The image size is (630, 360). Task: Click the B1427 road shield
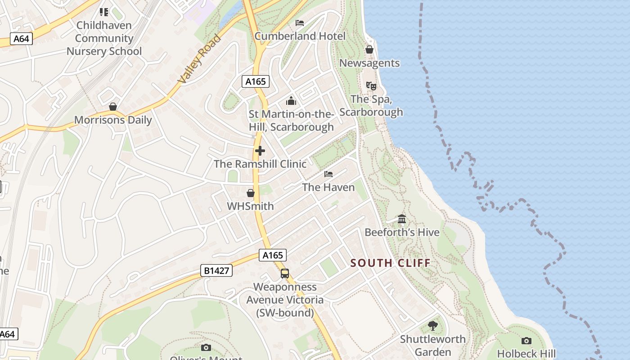click(216, 270)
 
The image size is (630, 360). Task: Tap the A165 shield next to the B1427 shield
click(273, 255)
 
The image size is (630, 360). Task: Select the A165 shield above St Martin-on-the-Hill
click(256, 81)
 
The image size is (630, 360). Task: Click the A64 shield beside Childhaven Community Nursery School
click(21, 39)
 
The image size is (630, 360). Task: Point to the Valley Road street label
click(200, 58)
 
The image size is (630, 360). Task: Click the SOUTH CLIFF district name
click(390, 263)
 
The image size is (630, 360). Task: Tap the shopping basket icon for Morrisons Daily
click(113, 107)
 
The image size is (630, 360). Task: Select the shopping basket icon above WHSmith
click(251, 193)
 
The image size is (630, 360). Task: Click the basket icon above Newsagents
click(369, 49)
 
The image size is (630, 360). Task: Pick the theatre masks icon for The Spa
click(371, 85)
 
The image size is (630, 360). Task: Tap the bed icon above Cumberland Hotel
click(300, 22)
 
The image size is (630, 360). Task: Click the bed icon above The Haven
click(328, 174)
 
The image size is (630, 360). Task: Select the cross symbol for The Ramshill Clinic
click(260, 151)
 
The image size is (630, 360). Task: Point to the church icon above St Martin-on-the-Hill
click(291, 100)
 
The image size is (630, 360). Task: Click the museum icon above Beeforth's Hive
click(402, 219)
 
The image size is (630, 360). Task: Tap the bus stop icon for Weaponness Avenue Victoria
click(285, 273)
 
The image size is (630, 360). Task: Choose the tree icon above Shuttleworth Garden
click(433, 325)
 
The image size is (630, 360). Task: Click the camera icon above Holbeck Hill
click(526, 341)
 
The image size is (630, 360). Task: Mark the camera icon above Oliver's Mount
click(206, 347)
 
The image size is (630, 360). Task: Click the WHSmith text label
click(250, 206)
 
